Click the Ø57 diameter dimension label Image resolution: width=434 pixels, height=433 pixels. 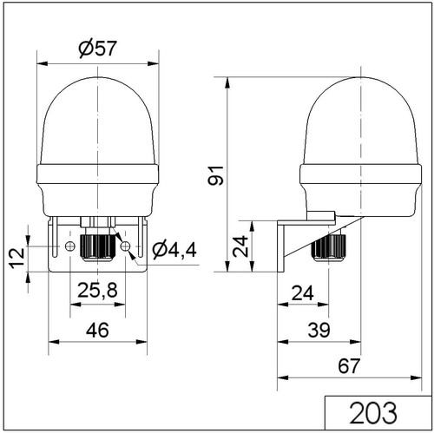coord(98,48)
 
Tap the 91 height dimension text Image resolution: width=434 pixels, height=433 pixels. coord(216,175)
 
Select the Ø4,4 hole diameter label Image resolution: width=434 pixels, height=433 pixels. coord(174,250)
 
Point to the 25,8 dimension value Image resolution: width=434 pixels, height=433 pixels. coord(97,291)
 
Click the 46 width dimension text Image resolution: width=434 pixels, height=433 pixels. coord(97,330)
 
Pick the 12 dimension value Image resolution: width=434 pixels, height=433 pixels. coord(17,258)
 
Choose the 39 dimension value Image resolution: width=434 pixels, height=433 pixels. coord(319,330)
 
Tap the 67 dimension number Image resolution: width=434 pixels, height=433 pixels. coord(349,366)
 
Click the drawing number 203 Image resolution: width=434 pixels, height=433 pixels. coord(373,413)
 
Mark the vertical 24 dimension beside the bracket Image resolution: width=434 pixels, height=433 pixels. coord(240,246)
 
